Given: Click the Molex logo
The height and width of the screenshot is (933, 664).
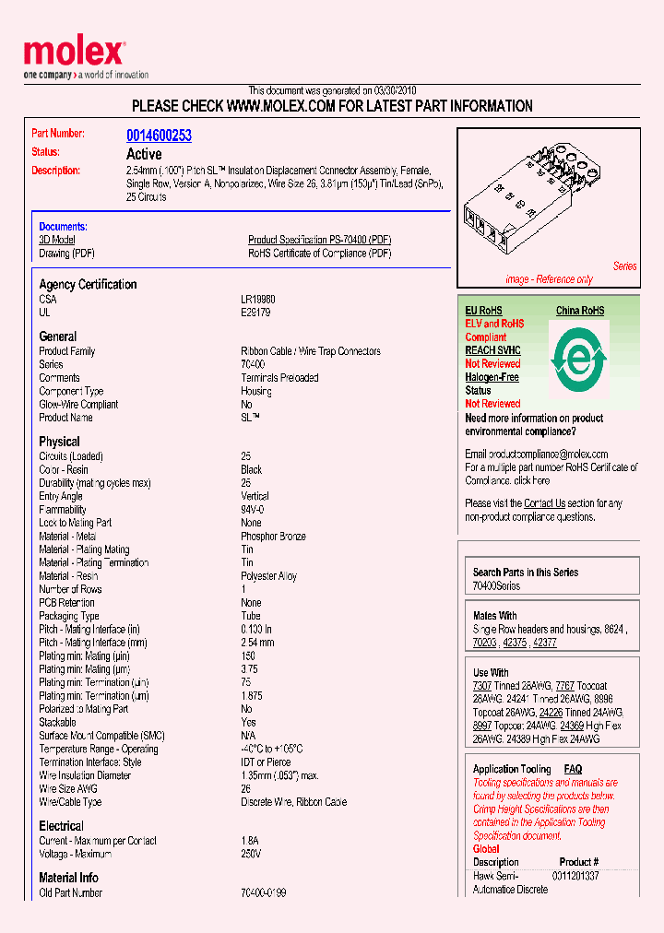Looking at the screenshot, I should click(74, 53).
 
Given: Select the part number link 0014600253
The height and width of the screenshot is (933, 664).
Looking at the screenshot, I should click(159, 136).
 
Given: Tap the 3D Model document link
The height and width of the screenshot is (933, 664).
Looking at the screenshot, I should click(56, 240).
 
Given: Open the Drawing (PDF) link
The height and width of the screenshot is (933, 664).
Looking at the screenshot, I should click(66, 254).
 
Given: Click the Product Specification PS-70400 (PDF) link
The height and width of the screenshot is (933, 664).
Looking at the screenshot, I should click(319, 240).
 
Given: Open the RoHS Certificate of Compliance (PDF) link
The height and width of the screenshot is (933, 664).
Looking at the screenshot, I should click(319, 254).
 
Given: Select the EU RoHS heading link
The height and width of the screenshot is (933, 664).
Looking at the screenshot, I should click(483, 311).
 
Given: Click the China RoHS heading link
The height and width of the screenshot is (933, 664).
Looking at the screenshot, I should click(579, 311).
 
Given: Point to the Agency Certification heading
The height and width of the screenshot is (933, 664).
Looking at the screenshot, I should click(88, 285).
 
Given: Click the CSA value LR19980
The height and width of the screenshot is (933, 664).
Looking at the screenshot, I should click(258, 300).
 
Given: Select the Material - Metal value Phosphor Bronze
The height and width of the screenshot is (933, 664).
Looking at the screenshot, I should click(273, 537).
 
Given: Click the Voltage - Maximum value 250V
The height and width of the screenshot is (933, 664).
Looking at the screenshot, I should click(251, 854).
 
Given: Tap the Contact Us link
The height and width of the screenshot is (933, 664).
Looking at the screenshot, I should click(544, 503).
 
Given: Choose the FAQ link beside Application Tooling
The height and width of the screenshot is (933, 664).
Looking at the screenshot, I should click(573, 769).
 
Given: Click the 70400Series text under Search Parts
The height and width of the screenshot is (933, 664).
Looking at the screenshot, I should click(496, 585).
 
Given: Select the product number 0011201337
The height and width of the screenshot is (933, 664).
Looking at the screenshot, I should click(575, 875).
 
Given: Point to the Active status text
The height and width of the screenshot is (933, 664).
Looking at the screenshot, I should click(144, 154).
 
